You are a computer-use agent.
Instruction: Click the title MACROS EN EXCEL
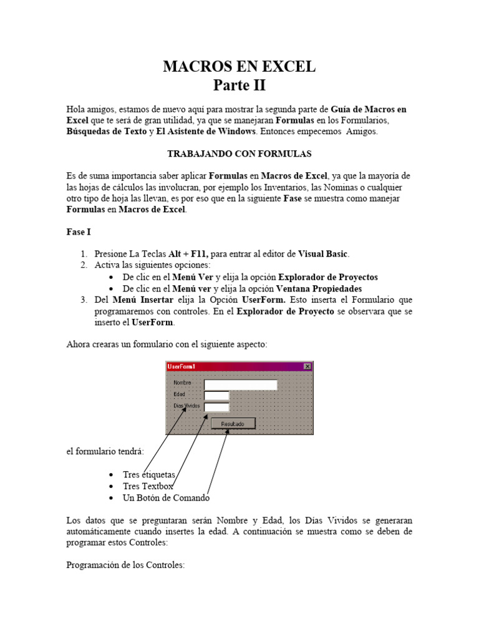click(x=239, y=67)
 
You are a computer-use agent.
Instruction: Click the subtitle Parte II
click(x=239, y=85)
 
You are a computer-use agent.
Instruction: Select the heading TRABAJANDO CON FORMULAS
click(x=239, y=154)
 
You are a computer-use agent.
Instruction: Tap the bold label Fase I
click(x=79, y=232)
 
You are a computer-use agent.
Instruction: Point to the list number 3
click(x=83, y=300)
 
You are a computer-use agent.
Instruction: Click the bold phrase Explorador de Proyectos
click(x=327, y=277)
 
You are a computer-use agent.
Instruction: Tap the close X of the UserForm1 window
click(x=307, y=367)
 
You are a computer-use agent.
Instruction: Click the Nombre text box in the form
click(x=240, y=384)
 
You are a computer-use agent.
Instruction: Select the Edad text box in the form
click(x=217, y=396)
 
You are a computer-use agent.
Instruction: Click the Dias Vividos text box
click(x=217, y=407)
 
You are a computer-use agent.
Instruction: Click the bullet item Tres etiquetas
click(x=149, y=475)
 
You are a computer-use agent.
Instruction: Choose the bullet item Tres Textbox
click(x=148, y=486)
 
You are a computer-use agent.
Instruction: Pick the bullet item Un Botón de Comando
click(x=166, y=498)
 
